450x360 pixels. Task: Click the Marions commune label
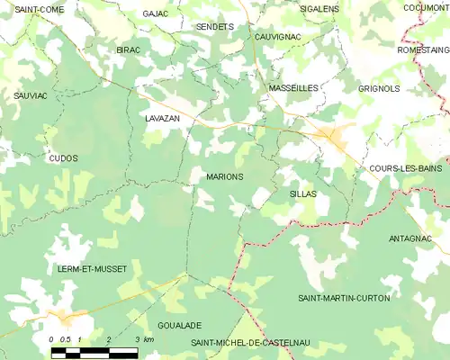coord(224,176)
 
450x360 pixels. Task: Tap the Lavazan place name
coord(163,118)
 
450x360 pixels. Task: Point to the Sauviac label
coord(30,94)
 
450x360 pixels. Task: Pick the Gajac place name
coord(156,14)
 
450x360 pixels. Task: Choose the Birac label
coord(128,50)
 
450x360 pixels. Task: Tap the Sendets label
coord(214,27)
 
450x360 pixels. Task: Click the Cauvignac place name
coord(278,37)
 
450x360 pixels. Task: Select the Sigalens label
coord(319,8)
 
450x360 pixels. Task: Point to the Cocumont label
coord(426,8)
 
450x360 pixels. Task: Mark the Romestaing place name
coord(422,50)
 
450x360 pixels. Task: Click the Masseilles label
coord(292,88)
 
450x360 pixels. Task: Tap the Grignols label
coord(378,89)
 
